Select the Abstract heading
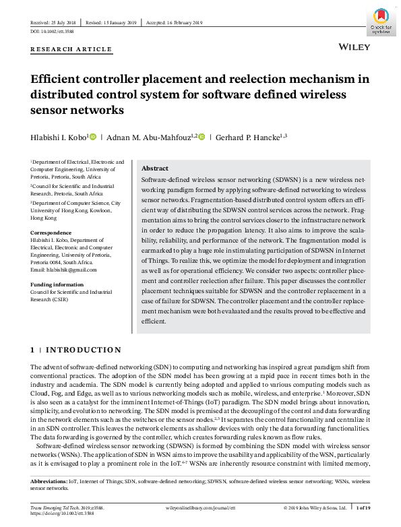155,168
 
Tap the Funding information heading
57,284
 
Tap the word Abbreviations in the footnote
49,483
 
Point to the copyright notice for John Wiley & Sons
315,507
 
